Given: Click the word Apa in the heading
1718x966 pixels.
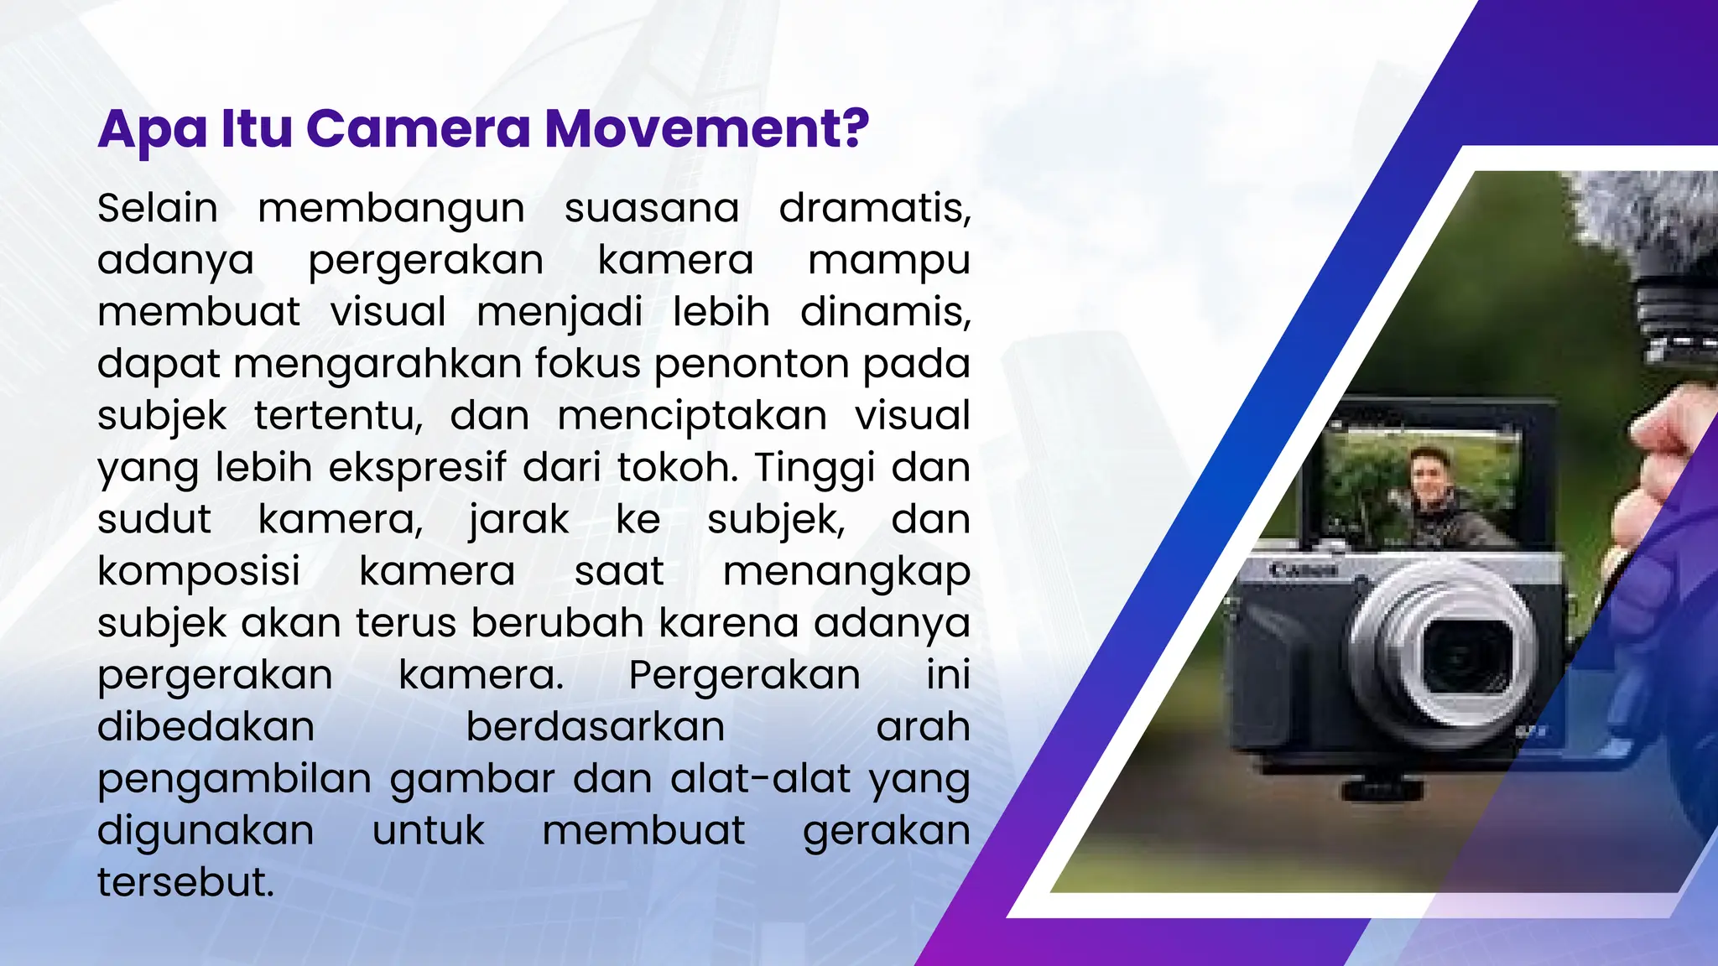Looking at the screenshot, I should pyautogui.click(x=152, y=130).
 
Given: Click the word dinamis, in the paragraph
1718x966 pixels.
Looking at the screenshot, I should pyautogui.click(x=885, y=311).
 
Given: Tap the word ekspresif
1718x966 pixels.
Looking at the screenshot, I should pyautogui.click(x=417, y=468).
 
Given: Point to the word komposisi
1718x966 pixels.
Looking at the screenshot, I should pyautogui.click(x=199, y=573).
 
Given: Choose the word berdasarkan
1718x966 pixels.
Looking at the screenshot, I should pyautogui.click(x=595, y=726).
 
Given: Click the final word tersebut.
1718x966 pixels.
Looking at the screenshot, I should pyautogui.click(x=185, y=882).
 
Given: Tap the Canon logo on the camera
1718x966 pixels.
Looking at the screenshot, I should pyautogui.click(x=1303, y=570).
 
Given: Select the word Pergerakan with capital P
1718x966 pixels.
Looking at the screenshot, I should pyautogui.click(x=744, y=676).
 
